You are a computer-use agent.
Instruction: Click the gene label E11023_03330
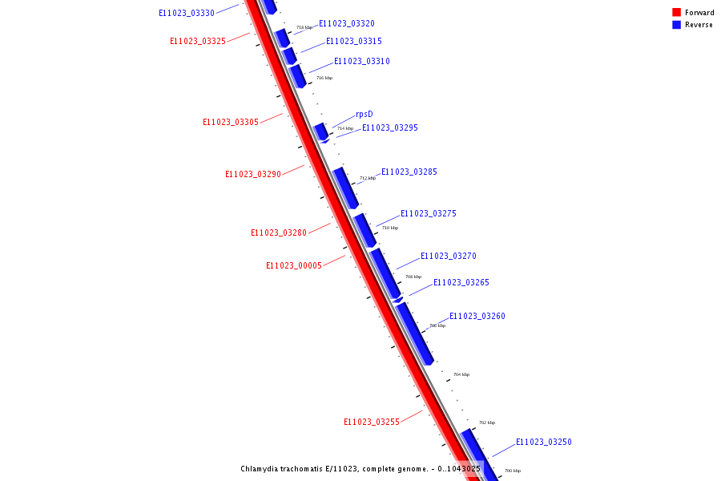point(187,14)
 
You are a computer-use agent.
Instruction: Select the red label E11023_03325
point(198,42)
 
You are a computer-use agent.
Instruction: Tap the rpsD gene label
point(365,115)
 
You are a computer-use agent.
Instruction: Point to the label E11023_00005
point(294,266)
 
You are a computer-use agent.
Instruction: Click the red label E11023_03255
point(372,422)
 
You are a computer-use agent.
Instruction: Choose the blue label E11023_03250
point(544,443)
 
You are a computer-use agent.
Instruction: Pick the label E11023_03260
point(477,317)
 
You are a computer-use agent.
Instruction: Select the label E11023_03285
point(409,172)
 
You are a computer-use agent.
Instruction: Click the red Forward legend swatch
point(676,13)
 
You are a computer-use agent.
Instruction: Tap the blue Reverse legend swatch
point(676,25)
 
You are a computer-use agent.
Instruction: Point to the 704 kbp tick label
point(461,374)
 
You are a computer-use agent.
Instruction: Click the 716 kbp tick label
point(324,78)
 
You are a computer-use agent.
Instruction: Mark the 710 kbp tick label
point(390,228)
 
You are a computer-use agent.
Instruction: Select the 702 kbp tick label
point(487,422)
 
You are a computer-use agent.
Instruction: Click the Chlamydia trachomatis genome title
point(360,469)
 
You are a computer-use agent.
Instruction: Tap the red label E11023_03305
point(231,123)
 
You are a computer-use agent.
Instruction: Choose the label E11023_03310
point(362,62)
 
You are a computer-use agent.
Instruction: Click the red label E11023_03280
point(279,233)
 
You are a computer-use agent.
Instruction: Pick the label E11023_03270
point(449,257)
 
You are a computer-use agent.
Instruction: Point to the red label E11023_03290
point(253,175)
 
